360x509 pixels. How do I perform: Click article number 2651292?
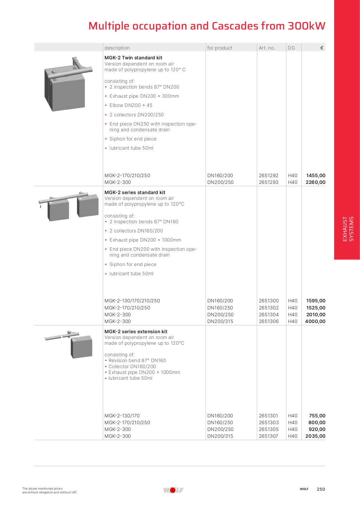pos(268,175)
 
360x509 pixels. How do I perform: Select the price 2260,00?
pos(315,182)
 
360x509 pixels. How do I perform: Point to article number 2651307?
pos(268,436)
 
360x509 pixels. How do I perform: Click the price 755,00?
pos(317,416)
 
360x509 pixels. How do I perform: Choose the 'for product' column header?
pos(220,48)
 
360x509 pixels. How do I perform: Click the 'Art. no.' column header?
pos(267,48)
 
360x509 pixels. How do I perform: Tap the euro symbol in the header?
pos(322,48)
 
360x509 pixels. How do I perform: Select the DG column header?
pos(291,48)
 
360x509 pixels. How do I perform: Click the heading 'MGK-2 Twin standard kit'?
pos(133,58)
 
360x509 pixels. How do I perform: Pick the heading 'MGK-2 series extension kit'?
pos(136,332)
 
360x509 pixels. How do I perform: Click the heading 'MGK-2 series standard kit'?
pos(135,192)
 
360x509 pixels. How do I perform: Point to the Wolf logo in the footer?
pos(173,490)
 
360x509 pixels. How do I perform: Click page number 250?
pos(321,489)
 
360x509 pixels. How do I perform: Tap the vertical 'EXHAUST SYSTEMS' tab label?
pos(348,229)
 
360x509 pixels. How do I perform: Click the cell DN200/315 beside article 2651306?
pos(220,321)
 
